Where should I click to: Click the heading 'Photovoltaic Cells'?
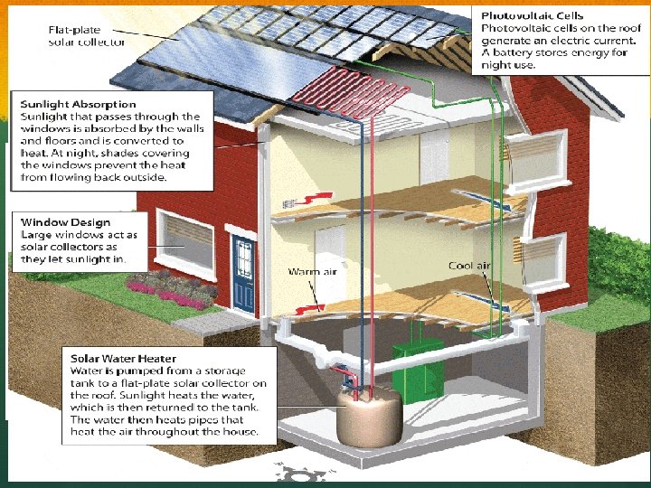pos(532,16)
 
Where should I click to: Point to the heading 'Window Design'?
pos(66,222)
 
